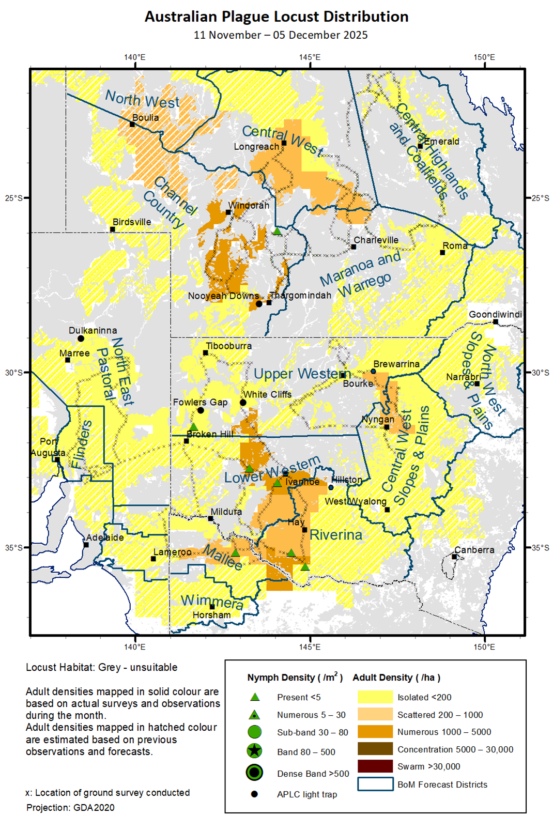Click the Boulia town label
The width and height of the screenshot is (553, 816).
pos(145,118)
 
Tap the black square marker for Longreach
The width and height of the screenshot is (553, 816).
pos(284,143)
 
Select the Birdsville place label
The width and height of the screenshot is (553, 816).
pos(132,222)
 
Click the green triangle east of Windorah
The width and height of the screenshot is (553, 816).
pos(278,231)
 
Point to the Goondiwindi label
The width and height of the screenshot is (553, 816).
pos(495,314)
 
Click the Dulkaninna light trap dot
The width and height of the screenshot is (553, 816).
pos(81,338)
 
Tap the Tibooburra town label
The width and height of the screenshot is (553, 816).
pos(228,346)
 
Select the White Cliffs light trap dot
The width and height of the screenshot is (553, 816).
pos(243,403)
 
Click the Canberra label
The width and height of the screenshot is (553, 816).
pos(474,550)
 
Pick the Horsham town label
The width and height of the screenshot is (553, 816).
pos(211,615)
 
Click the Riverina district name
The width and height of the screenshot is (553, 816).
pos(336,535)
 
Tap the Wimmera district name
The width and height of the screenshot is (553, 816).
pos(212,602)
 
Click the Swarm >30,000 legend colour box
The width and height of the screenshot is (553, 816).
pos(375,766)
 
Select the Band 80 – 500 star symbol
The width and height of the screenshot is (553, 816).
pos(254,751)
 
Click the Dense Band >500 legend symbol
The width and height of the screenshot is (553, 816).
pos(254,773)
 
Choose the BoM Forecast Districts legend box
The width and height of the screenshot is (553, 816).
pos(375,784)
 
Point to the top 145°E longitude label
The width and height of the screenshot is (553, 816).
pos(309,57)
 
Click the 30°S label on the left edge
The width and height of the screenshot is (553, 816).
pos(14,373)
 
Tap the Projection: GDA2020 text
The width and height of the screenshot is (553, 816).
pos(70,807)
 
